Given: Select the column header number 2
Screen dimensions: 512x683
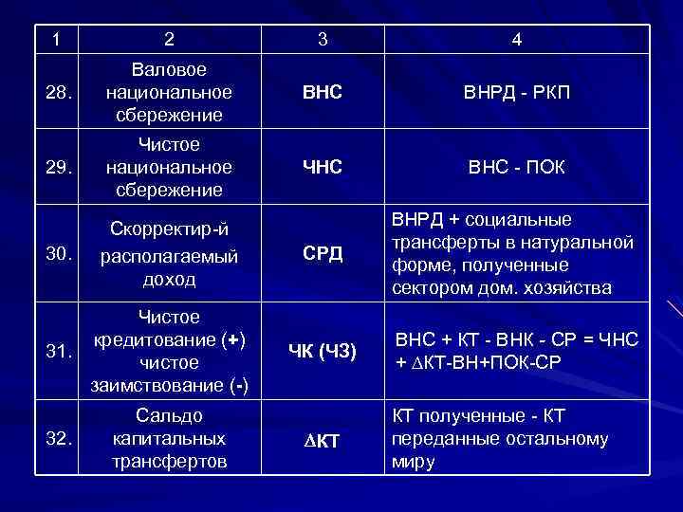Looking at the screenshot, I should [169, 40].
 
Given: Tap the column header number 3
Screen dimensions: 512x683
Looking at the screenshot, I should [323, 40].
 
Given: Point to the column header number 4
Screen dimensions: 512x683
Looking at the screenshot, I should [516, 40].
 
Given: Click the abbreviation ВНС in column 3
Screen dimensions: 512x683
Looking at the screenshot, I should [323, 94].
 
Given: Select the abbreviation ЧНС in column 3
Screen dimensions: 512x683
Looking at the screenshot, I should [323, 168].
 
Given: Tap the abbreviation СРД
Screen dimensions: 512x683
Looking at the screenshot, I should [323, 255].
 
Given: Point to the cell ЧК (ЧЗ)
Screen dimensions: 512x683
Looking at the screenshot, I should [323, 352].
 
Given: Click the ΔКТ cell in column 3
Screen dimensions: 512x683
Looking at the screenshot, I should [323, 441].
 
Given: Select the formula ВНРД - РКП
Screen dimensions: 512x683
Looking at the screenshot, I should [516, 94].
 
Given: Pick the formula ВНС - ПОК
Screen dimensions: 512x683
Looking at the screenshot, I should [516, 168].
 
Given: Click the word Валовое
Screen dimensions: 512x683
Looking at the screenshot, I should [169, 70].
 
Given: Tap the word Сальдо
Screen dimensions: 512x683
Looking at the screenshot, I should [169, 415].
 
